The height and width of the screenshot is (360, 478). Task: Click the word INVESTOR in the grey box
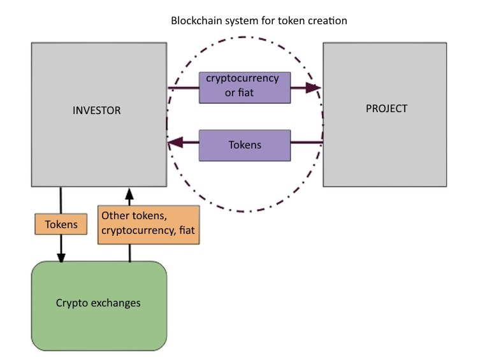coord(97,111)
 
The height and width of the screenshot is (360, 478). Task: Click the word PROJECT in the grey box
coord(386,108)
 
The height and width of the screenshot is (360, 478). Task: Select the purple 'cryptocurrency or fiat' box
coord(244,87)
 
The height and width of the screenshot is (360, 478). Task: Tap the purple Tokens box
coord(245,145)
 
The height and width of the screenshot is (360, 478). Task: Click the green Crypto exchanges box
coord(99,305)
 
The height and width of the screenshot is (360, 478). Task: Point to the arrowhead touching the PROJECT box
coord(315,87)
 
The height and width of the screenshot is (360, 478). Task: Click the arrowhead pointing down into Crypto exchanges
coord(61,257)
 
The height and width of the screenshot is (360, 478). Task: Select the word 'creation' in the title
coord(328,21)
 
